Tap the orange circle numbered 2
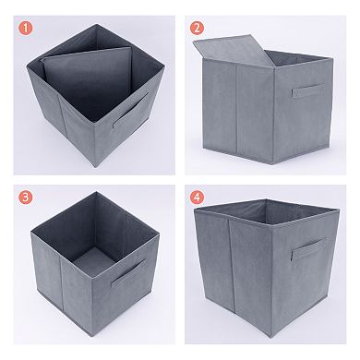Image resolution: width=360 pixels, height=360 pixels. click(x=198, y=27)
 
